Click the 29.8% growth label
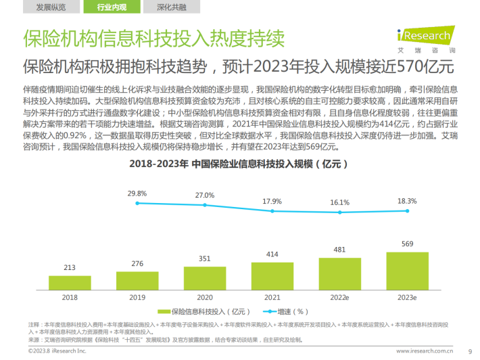137,193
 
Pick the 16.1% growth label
339,202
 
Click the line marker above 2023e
404,212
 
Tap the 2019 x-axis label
138,296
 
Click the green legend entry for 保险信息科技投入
196,312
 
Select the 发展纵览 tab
51,7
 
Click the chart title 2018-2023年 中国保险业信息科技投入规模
238,164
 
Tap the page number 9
470,351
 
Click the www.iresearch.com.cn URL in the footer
424,351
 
